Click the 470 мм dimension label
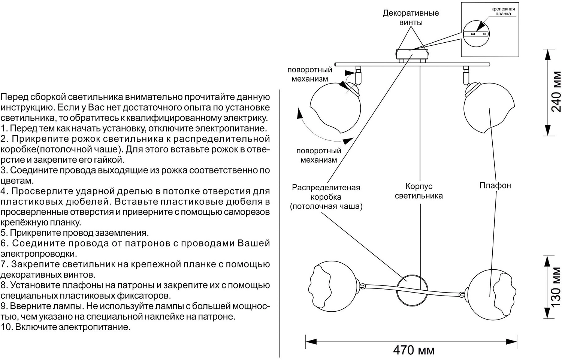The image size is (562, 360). (414, 350)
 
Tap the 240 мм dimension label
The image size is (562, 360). (556, 91)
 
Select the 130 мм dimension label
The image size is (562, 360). (556, 287)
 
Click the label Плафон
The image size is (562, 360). (495, 185)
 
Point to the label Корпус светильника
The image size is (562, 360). (419, 191)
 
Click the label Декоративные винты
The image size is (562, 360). (411, 18)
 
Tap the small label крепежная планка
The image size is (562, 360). (503, 12)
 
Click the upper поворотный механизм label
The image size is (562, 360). (309, 74)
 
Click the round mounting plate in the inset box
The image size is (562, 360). (476, 33)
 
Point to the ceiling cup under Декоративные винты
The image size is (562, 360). (412, 55)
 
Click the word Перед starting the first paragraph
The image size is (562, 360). (12, 97)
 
